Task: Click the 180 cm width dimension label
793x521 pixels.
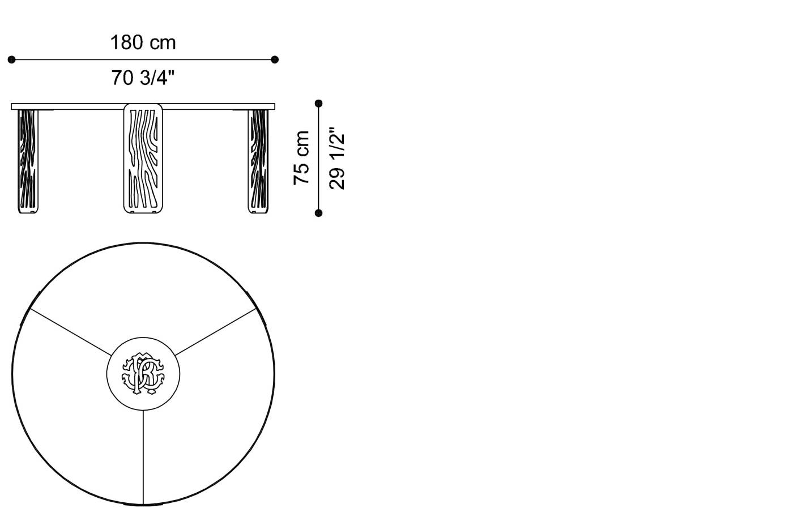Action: [x=143, y=42]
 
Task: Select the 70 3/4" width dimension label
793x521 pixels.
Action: [x=143, y=78]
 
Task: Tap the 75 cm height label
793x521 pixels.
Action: [x=302, y=157]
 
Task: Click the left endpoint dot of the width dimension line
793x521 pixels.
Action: [x=11, y=59]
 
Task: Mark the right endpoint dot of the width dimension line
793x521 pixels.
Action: [x=275, y=59]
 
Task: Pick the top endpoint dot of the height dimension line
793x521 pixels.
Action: [x=318, y=104]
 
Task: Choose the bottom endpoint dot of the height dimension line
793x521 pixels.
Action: [x=318, y=213]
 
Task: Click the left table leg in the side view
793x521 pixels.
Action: [x=28, y=161]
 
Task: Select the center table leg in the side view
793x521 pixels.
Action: [x=143, y=159]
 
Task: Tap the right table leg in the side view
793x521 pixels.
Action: [x=259, y=161]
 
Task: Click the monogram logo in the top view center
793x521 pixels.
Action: [x=143, y=373]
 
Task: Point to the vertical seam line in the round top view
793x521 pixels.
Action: [x=143, y=456]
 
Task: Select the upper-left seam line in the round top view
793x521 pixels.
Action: [x=71, y=332]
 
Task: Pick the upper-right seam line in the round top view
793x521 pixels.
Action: [x=215, y=332]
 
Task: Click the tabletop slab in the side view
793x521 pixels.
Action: [x=79, y=106]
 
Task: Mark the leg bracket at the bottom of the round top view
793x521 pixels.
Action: [x=143, y=503]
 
